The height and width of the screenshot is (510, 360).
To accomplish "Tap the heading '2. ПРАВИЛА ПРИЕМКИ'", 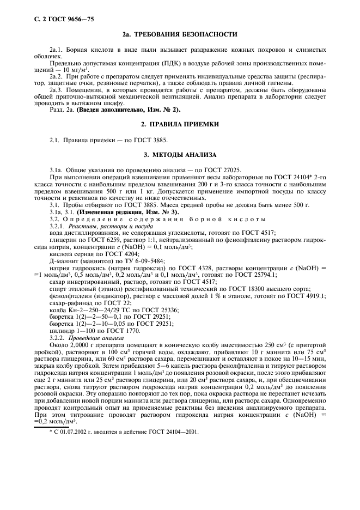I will pyautogui.click(x=180, y=124).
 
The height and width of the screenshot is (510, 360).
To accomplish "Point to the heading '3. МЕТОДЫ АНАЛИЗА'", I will pyautogui.click(x=180, y=154).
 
